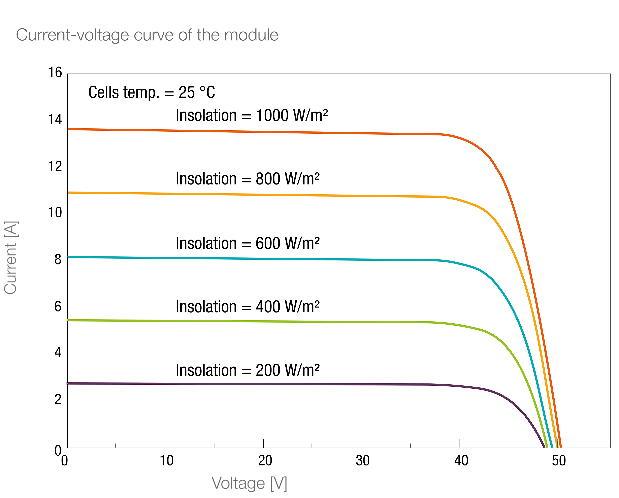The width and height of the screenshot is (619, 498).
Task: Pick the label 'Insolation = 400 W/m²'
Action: point(248,307)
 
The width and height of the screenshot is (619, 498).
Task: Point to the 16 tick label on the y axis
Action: point(55,72)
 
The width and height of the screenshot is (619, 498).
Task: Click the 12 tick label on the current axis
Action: point(55,167)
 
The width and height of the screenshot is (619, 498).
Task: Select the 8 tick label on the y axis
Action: point(58,260)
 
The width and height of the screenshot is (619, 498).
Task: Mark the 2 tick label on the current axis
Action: point(58,400)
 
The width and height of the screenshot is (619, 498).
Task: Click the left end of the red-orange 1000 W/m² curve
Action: point(68,129)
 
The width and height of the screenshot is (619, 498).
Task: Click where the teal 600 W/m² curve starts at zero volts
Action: point(68,257)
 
